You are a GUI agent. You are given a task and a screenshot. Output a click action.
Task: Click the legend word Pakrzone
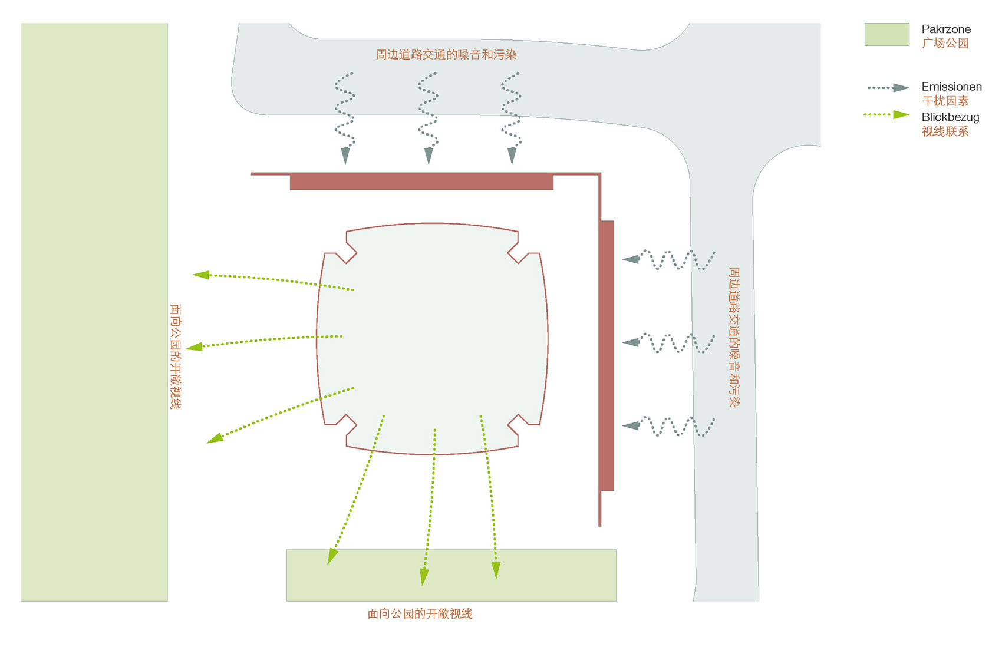point(945,29)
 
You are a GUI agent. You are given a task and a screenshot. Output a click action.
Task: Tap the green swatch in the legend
point(886,34)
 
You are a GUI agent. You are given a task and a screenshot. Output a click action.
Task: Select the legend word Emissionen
point(951,86)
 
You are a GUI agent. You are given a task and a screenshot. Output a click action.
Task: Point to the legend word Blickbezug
point(950,117)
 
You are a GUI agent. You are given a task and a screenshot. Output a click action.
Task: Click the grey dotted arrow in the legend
point(888,88)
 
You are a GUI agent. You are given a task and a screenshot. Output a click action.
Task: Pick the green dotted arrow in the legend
point(886,115)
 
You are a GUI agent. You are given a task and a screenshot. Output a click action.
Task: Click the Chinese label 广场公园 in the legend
point(945,43)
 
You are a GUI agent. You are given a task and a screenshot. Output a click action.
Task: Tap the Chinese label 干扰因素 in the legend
point(945,101)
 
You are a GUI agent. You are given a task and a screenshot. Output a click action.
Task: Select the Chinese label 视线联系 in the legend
point(945,131)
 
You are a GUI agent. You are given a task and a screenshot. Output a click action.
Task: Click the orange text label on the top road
point(446,55)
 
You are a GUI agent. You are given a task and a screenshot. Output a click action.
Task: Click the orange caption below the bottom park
point(420,613)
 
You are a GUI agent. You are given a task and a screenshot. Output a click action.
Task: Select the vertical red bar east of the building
point(608,355)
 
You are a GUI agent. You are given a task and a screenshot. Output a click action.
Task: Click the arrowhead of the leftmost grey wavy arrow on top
point(345,156)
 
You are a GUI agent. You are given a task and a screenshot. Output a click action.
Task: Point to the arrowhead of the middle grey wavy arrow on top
point(429,156)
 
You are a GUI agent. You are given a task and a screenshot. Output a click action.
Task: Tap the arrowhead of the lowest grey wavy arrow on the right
point(631,425)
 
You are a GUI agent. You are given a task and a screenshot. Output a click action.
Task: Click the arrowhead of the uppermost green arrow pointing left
point(202,275)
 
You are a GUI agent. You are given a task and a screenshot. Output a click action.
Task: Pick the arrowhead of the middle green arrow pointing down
point(424,577)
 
